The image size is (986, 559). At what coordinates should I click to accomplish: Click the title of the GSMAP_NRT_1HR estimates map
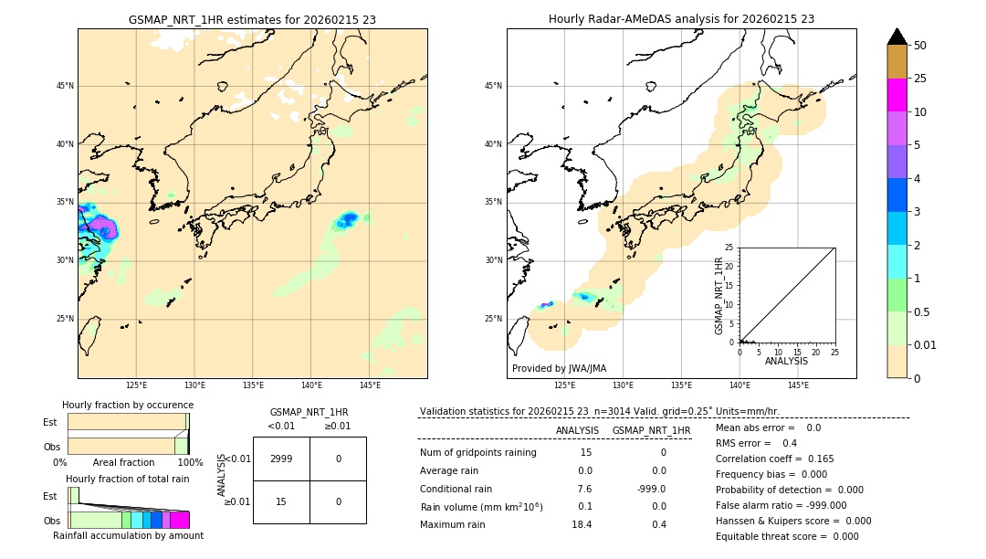[x=252, y=19]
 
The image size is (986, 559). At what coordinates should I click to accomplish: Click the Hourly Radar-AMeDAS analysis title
[x=681, y=19]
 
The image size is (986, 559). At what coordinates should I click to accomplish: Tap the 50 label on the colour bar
[x=920, y=46]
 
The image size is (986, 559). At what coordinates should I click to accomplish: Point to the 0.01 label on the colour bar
[x=926, y=344]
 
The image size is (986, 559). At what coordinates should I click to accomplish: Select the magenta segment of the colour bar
[x=897, y=95]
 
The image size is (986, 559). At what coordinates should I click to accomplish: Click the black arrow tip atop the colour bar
[x=897, y=36]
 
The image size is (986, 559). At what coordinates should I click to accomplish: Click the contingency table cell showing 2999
[x=281, y=459]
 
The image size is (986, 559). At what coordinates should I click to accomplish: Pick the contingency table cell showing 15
[x=281, y=501]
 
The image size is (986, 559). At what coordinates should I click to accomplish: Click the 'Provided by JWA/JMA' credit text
[x=559, y=368]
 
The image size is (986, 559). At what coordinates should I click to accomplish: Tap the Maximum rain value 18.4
[x=582, y=524]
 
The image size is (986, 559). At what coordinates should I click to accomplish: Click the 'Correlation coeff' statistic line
[x=774, y=459]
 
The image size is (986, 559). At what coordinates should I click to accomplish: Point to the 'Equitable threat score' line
[x=787, y=536]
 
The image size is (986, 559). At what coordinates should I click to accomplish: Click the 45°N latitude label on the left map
[x=65, y=86]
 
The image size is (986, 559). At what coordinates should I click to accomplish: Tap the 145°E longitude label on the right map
[x=798, y=385]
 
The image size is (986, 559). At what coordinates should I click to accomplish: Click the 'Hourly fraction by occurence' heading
[x=128, y=405]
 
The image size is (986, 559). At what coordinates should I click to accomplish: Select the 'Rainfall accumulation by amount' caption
[x=128, y=535]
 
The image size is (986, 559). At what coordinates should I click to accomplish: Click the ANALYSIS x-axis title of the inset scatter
[x=786, y=361]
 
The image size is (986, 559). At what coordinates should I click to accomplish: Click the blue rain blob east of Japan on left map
[x=349, y=219]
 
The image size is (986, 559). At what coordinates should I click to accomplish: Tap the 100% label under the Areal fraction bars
[x=190, y=462]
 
